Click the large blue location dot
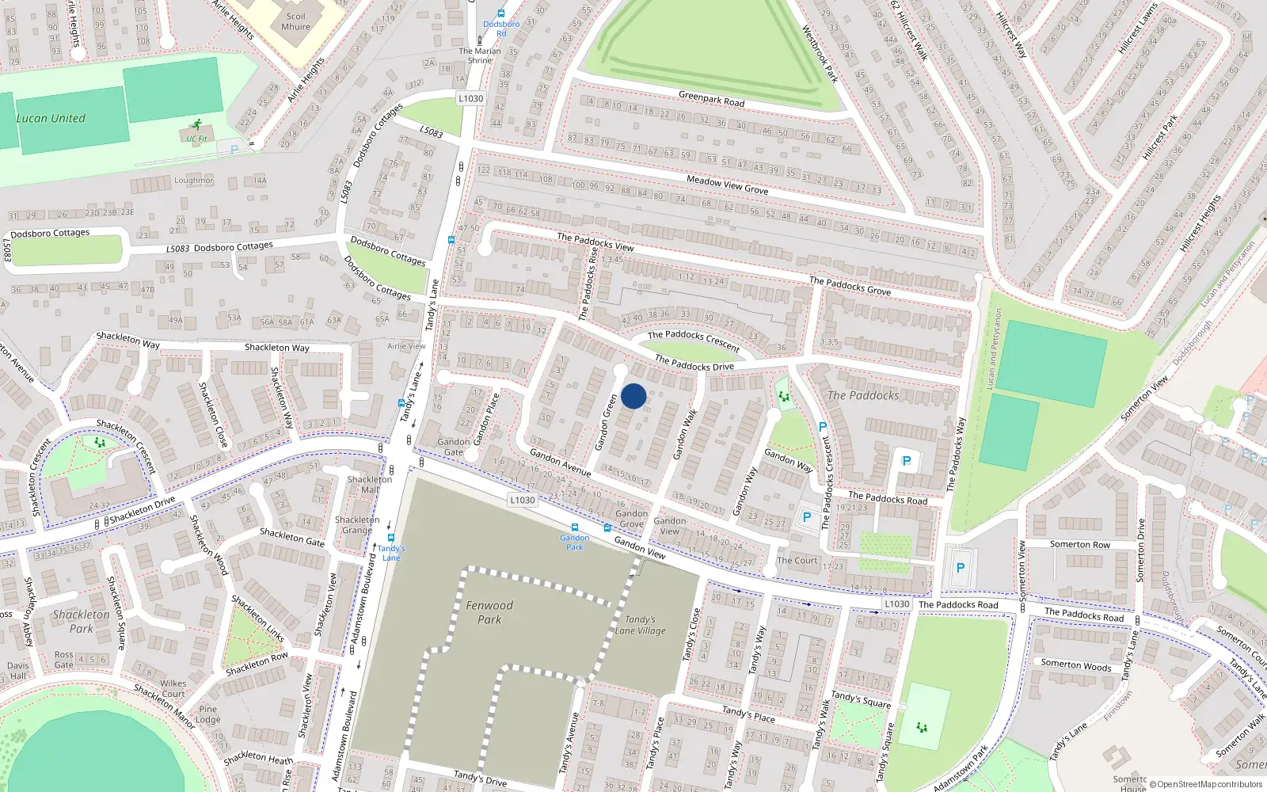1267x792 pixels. pos(633,396)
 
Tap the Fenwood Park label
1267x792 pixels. pos(489,612)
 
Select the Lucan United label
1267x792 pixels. pos(51,118)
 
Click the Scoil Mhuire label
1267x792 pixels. pos(296,21)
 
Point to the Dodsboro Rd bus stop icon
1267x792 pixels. pos(501,13)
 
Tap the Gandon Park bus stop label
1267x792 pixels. pos(574,543)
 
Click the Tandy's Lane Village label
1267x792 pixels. pos(640,625)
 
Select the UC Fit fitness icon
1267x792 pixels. pos(197,124)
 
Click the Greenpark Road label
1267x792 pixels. pos(711,99)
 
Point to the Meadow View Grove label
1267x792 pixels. pos(727,185)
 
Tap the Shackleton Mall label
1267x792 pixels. pos(370,484)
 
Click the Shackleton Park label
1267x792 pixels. pos(82,621)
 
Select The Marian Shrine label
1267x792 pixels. pos(480,55)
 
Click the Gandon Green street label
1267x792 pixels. pos(606,423)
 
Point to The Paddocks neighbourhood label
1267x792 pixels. pos(863,395)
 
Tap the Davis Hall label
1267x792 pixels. pos(18,670)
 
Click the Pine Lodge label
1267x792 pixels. pos(208,714)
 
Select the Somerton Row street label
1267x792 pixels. pos(1080,544)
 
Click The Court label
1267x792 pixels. pos(797,560)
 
